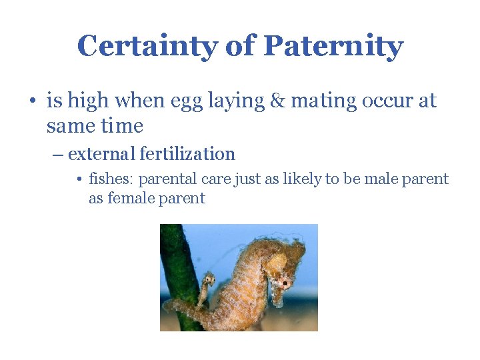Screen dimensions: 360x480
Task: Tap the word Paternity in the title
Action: [x=333, y=47]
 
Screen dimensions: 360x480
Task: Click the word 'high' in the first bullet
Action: [x=89, y=101]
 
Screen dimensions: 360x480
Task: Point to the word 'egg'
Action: [x=191, y=102]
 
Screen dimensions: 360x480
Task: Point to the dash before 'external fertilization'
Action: [x=58, y=155]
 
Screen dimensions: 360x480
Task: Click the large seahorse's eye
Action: [x=285, y=283]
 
